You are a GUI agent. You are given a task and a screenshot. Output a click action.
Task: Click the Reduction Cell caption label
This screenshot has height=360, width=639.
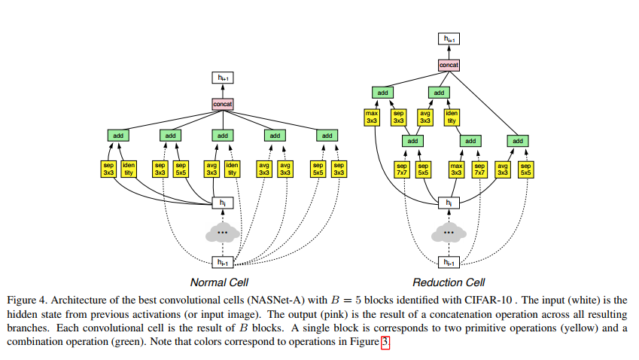[x=449, y=282]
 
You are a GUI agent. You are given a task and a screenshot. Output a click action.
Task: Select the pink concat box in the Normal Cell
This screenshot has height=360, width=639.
[x=222, y=103]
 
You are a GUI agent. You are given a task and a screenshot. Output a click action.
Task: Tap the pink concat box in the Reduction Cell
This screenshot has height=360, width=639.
[x=449, y=66]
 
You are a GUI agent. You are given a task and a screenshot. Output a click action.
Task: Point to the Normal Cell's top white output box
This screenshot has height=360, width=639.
[x=222, y=78]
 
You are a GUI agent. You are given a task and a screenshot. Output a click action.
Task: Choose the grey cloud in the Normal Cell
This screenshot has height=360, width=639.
[x=222, y=233]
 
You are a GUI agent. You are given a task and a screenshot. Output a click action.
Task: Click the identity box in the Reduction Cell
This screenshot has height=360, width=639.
[x=452, y=117]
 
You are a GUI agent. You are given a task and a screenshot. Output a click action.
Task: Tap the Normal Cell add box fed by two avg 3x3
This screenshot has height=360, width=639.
[x=275, y=136]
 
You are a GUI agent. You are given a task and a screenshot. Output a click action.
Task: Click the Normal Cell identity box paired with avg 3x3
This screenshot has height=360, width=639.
[x=232, y=169]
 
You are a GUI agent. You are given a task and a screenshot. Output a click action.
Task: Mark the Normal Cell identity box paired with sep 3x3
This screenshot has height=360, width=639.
[x=129, y=169]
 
